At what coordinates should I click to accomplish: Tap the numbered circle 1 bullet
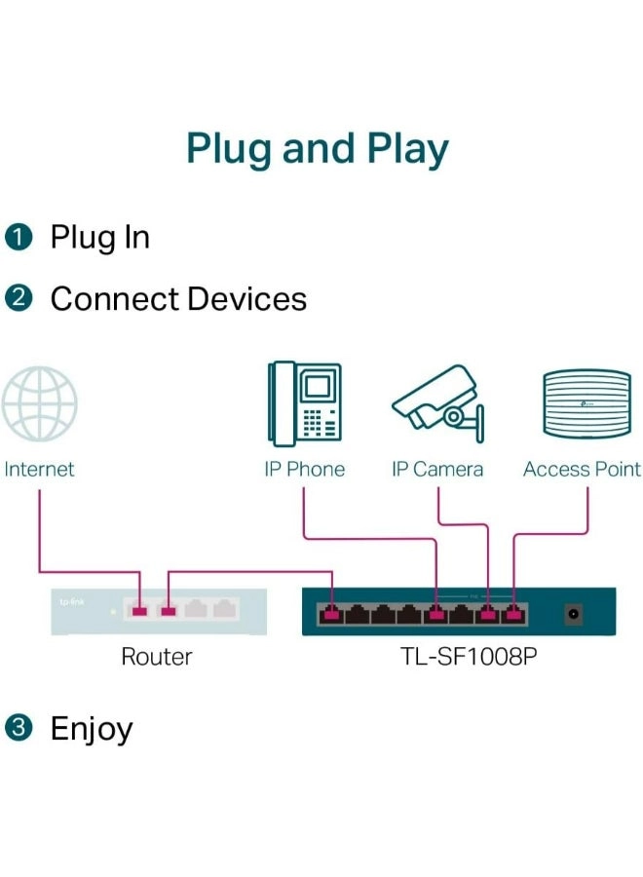pyautogui.click(x=19, y=238)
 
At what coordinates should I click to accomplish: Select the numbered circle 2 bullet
pyautogui.click(x=19, y=299)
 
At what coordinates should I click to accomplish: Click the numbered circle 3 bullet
pyautogui.click(x=19, y=728)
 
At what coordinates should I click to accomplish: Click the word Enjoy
pyautogui.click(x=92, y=730)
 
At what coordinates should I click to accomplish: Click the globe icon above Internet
pyautogui.click(x=39, y=403)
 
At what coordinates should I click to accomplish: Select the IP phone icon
pyautogui.click(x=305, y=403)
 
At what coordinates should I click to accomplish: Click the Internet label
pyautogui.click(x=39, y=470)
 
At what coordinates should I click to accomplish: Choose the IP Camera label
pyautogui.click(x=436, y=470)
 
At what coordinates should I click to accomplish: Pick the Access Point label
pyautogui.click(x=582, y=470)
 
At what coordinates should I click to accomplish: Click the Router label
pyautogui.click(x=156, y=657)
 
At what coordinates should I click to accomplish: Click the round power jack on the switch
pyautogui.click(x=575, y=614)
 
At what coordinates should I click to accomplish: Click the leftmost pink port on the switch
pyautogui.click(x=332, y=614)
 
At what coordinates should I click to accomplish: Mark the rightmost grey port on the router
pyautogui.click(x=224, y=611)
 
